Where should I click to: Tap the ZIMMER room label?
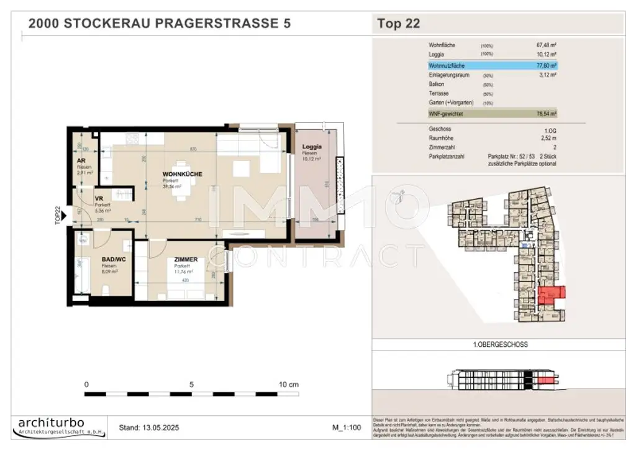click(186, 260)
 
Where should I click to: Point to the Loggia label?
click(312, 147)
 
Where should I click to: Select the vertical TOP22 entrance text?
click(58, 214)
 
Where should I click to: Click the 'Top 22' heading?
click(399, 24)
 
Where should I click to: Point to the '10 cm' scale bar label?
click(289, 384)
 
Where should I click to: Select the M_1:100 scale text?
click(347, 428)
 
